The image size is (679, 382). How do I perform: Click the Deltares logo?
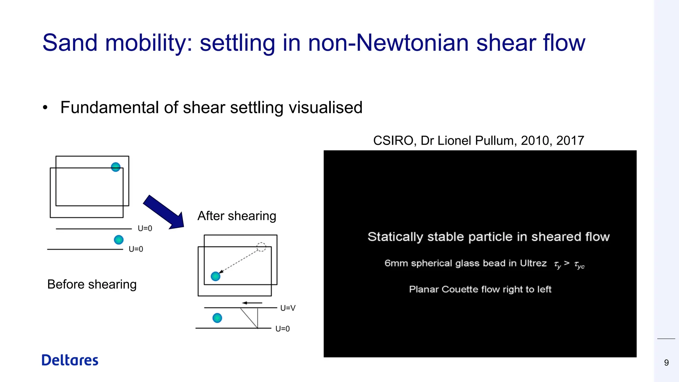[x=70, y=360]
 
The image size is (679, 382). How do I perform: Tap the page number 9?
[x=666, y=363]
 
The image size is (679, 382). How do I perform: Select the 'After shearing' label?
[x=237, y=216]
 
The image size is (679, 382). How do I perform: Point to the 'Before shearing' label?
[x=92, y=285]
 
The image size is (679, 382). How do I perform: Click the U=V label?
[x=287, y=308]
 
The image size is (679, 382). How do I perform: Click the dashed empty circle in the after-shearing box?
[x=261, y=247]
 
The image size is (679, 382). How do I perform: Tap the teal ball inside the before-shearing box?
[x=115, y=167]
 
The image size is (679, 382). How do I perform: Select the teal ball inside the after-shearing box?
[x=216, y=276]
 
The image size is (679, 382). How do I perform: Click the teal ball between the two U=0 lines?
[x=119, y=239]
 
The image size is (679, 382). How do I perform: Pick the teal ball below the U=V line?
[x=217, y=318]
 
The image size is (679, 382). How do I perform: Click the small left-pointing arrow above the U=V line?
[x=252, y=303]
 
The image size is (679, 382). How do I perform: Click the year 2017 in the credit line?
[x=570, y=141]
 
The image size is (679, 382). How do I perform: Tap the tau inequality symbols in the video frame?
[x=569, y=265]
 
